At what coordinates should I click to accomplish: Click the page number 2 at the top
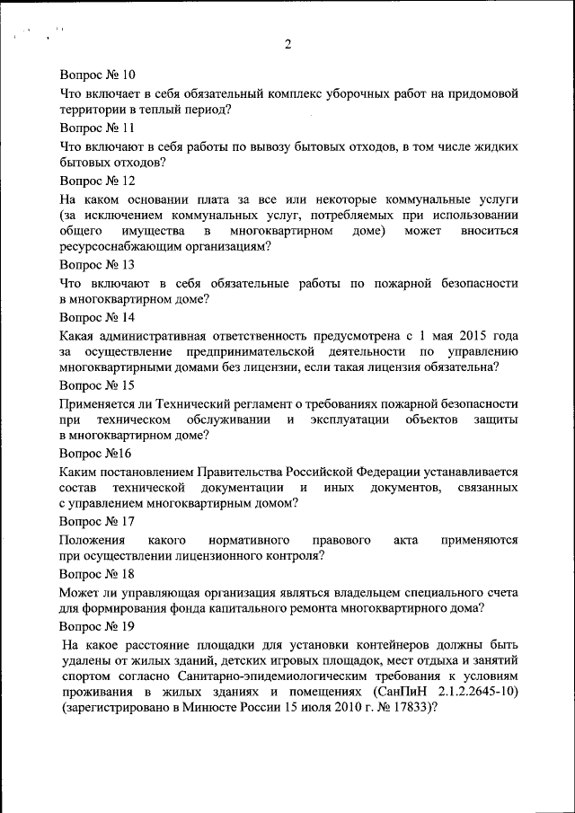click(288, 45)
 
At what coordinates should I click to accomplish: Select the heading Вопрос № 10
click(97, 75)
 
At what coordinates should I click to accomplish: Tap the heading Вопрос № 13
click(97, 265)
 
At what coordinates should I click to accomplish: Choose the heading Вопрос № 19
click(97, 625)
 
